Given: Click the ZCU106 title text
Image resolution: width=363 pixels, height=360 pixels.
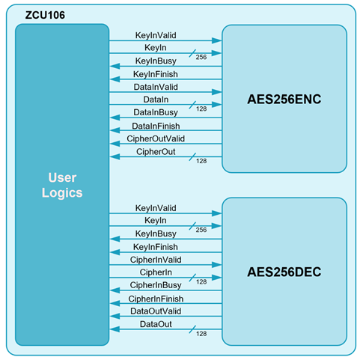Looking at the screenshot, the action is point(45,15).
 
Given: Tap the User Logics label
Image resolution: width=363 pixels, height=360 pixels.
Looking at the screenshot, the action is point(62,185).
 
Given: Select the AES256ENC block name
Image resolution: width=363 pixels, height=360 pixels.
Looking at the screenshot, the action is point(284,99).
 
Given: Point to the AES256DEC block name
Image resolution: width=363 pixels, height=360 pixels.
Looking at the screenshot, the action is point(284,272).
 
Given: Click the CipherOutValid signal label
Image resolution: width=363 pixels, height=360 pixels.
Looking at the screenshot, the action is point(156,138).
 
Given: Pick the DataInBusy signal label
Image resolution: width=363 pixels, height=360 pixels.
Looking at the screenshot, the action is point(156,112).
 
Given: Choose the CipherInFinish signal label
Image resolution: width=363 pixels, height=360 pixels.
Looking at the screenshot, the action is point(156,299).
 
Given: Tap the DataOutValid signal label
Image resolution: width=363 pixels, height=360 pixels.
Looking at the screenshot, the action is point(156,311).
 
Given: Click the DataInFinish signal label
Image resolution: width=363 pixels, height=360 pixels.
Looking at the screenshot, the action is point(156,126).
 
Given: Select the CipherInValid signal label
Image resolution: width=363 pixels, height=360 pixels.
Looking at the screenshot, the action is point(156,260).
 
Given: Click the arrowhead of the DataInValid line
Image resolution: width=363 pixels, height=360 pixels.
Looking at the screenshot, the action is point(217,92).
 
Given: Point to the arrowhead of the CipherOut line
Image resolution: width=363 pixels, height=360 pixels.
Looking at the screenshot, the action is point(115,156).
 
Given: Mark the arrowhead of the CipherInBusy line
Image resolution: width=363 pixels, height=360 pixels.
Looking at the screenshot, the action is point(115,290).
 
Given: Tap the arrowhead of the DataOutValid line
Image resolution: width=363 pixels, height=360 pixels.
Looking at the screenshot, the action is point(115,317).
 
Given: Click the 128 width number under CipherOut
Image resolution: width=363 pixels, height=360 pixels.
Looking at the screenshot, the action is point(201,161).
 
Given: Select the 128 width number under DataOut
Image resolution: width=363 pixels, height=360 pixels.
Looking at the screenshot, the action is point(201,334).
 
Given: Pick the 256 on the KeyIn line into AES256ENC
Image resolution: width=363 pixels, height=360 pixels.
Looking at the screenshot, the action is point(201,57).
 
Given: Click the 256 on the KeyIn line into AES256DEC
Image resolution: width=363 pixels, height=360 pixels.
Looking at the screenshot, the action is point(201,230).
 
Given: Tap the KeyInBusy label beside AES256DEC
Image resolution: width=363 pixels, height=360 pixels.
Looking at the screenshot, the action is point(156,234).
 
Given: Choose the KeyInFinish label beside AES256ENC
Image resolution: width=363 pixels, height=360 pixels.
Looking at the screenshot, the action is point(156,74).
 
